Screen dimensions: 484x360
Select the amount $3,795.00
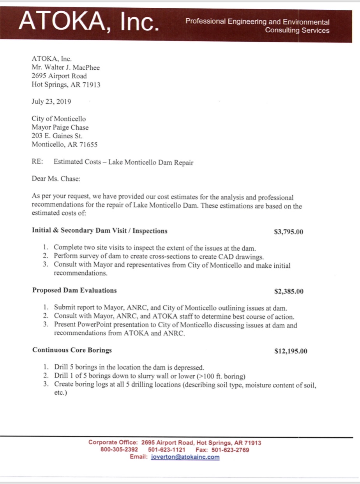click(x=289, y=232)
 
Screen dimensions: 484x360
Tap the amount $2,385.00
click(x=289, y=291)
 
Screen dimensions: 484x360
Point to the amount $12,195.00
click(x=291, y=351)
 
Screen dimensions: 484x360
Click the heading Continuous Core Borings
click(x=72, y=350)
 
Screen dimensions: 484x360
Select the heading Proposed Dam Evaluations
click(x=74, y=290)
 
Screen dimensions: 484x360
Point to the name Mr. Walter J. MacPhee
click(x=66, y=67)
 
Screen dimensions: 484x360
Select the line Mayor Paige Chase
click(x=60, y=127)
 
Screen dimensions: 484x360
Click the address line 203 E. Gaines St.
click(x=57, y=136)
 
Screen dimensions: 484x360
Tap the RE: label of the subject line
click(x=37, y=162)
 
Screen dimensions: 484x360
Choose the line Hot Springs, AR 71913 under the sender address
click(x=66, y=85)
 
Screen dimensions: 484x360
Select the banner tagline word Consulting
click(x=280, y=30)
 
